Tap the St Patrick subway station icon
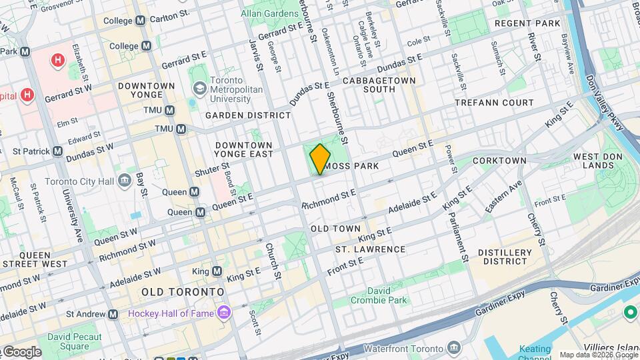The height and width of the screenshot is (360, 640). click(57, 151)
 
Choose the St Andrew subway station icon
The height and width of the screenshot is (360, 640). click(113, 314)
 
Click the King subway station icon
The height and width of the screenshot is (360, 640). click(217, 271)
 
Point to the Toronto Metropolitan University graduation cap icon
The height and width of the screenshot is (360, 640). click(199, 89)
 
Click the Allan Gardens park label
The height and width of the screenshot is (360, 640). click(269, 13)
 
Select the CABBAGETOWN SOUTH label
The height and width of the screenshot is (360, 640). click(379, 85)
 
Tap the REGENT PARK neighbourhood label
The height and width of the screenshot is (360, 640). click(527, 23)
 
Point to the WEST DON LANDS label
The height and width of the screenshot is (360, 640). click(593, 161)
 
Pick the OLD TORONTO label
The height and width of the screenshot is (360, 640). click(183, 292)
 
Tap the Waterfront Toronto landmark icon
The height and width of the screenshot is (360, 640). click(454, 349)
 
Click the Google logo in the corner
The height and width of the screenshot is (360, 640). click(21, 352)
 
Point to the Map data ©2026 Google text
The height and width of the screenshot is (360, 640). click(598, 355)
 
